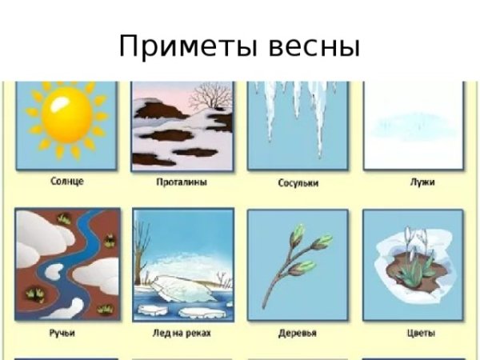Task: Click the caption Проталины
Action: point(182,182)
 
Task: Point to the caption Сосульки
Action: point(298,183)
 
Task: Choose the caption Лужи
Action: point(422,182)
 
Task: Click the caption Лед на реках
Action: point(182,332)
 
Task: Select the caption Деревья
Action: point(297,332)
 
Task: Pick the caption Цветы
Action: point(413,332)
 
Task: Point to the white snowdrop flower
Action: point(413,238)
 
